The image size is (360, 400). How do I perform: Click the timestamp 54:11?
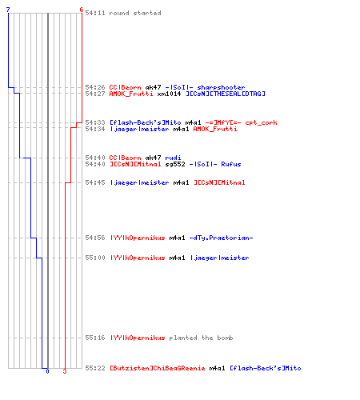pyautogui.click(x=95, y=13)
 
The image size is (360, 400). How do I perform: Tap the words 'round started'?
pyautogui.click(x=135, y=13)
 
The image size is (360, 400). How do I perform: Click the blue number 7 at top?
pyautogui.click(x=8, y=10)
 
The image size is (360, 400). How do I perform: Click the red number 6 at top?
pyautogui.click(x=82, y=10)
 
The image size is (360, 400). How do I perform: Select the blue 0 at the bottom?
pyautogui.click(x=47, y=371)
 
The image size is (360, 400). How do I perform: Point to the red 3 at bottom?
pyautogui.click(x=65, y=371)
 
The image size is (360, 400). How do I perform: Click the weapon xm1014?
pyautogui.click(x=169, y=94)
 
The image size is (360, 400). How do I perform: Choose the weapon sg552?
pyautogui.click(x=175, y=164)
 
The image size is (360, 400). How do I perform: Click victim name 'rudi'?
pyautogui.click(x=173, y=158)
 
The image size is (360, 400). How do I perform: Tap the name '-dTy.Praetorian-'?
pyautogui.click(x=221, y=238)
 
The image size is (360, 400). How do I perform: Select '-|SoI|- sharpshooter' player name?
pyautogui.click(x=205, y=87)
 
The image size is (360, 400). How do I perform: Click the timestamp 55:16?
pyautogui.click(x=95, y=338)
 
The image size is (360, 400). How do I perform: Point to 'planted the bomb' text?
pyautogui.click(x=201, y=338)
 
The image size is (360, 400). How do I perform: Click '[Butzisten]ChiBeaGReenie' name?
pyautogui.click(x=158, y=368)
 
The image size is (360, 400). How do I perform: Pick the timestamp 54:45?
pyautogui.click(x=95, y=182)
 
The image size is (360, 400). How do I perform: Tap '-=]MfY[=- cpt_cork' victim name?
pyautogui.click(x=241, y=122)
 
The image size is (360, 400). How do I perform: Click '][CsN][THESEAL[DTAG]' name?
pyautogui.click(x=226, y=94)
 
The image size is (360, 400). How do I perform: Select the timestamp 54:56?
pyautogui.click(x=95, y=238)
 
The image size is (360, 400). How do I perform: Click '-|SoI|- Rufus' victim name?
pyautogui.click(x=215, y=164)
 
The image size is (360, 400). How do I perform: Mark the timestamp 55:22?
pyautogui.click(x=95, y=368)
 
